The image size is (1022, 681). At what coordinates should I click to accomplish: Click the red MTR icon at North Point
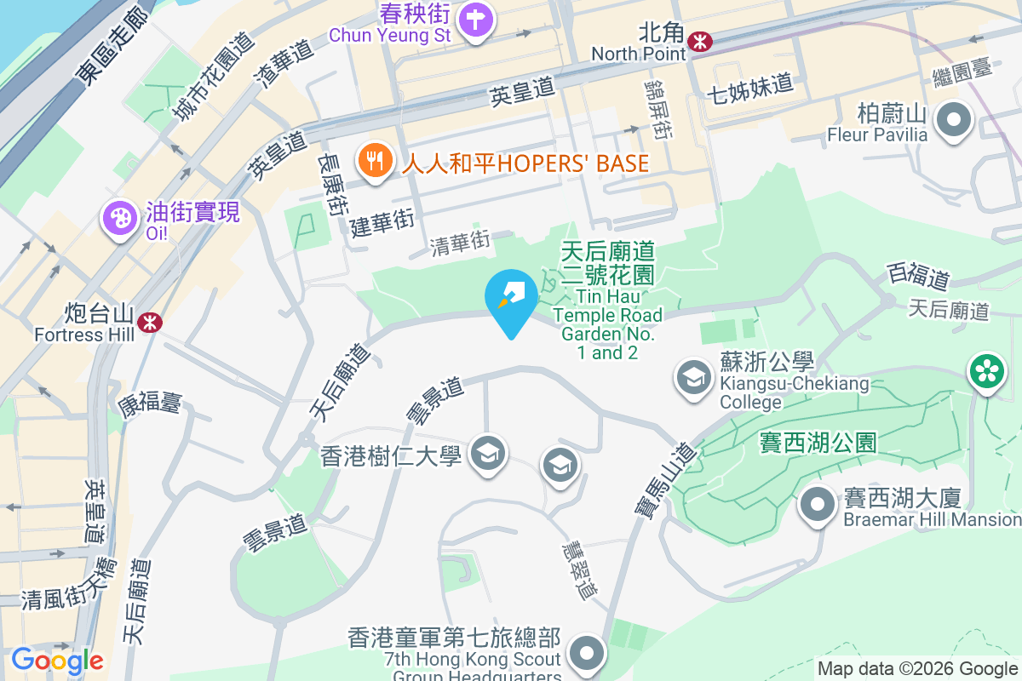[x=700, y=40]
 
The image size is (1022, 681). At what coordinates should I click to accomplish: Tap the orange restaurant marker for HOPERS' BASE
[x=374, y=162]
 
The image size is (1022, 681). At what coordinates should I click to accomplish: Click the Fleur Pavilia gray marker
[x=954, y=120]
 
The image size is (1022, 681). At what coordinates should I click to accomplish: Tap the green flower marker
[x=986, y=371]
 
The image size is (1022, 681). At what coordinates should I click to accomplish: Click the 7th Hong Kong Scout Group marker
[x=586, y=654]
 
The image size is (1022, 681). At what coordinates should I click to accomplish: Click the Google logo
[x=57, y=661]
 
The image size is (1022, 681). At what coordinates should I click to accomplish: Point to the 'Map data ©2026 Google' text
[x=917, y=668]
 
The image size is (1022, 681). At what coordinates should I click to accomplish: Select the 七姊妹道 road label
[x=749, y=86]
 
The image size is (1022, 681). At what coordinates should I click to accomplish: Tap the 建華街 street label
[x=382, y=221]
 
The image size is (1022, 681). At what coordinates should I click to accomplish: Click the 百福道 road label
[x=918, y=275]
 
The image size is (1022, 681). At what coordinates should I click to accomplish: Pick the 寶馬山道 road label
[x=665, y=479]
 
